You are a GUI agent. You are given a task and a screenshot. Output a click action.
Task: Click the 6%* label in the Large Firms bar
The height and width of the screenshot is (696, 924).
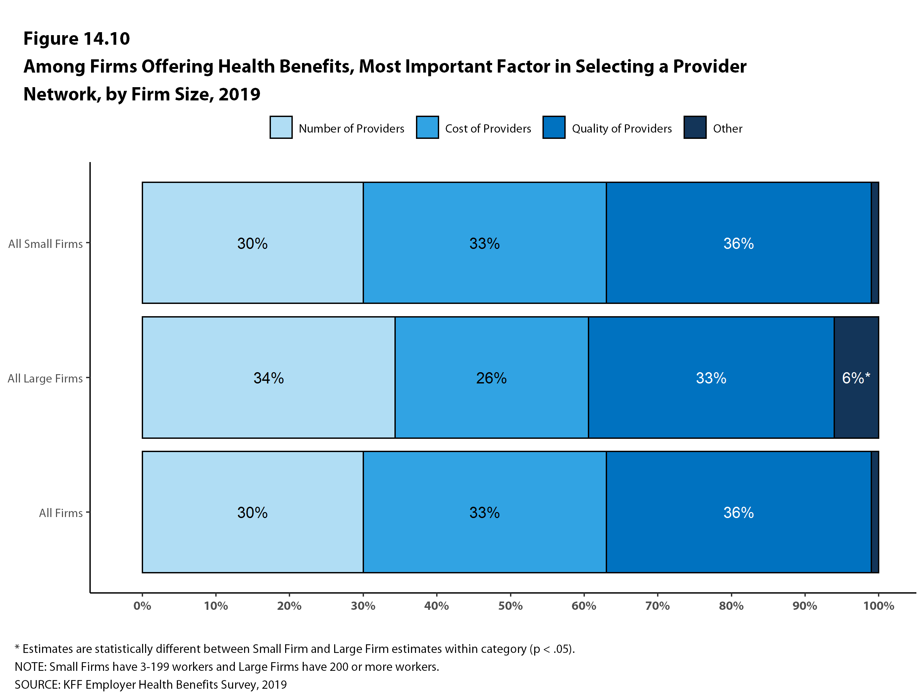(855, 378)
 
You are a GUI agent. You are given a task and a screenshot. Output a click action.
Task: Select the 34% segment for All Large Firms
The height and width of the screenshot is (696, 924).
(269, 378)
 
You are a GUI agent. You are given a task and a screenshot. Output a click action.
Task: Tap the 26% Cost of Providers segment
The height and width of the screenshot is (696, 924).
(491, 378)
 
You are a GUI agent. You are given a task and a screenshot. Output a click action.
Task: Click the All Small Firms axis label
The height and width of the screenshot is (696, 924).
(45, 244)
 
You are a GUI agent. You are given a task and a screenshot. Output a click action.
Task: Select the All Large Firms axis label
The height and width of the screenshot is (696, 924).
(45, 378)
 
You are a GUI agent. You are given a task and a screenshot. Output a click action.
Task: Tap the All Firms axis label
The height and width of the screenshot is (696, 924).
(61, 513)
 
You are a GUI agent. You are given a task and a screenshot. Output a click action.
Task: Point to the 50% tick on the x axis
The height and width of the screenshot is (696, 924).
(510, 606)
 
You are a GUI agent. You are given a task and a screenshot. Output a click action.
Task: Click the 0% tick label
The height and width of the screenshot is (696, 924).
(142, 606)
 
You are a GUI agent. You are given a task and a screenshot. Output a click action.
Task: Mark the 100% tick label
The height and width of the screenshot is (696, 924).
(879, 606)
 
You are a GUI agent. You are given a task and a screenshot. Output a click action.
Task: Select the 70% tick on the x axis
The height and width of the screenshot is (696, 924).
(657, 606)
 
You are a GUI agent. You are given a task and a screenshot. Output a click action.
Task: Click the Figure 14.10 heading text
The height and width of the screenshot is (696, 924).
(77, 38)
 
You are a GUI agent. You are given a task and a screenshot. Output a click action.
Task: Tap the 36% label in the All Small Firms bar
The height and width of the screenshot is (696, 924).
(739, 243)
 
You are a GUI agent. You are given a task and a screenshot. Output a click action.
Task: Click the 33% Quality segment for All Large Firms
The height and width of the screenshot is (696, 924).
(711, 378)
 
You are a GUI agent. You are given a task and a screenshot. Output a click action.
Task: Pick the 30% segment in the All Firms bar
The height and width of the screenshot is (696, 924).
(252, 512)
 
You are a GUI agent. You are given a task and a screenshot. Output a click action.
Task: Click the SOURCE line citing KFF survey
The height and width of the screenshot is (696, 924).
(151, 684)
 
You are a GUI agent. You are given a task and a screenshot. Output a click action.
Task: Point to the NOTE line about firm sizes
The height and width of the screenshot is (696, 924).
(227, 666)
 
